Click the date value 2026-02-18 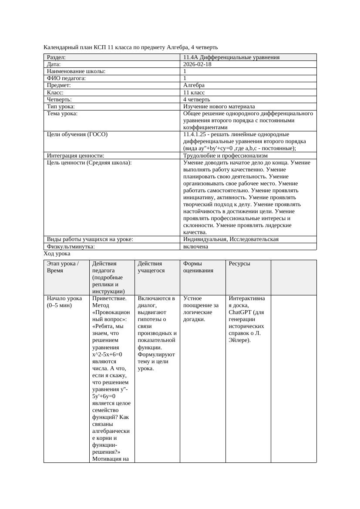[197, 64]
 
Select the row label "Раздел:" [56, 57]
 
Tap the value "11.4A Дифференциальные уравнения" [231, 57]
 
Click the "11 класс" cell [194, 92]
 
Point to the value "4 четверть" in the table [196, 99]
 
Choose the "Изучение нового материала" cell [219, 106]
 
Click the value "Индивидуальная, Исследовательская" [231, 239]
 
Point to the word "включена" [195, 246]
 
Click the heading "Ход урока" [57, 254]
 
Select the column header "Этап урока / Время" [62, 267]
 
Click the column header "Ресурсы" [239, 263]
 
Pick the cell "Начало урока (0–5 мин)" [64, 301]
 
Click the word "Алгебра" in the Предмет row [194, 85]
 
